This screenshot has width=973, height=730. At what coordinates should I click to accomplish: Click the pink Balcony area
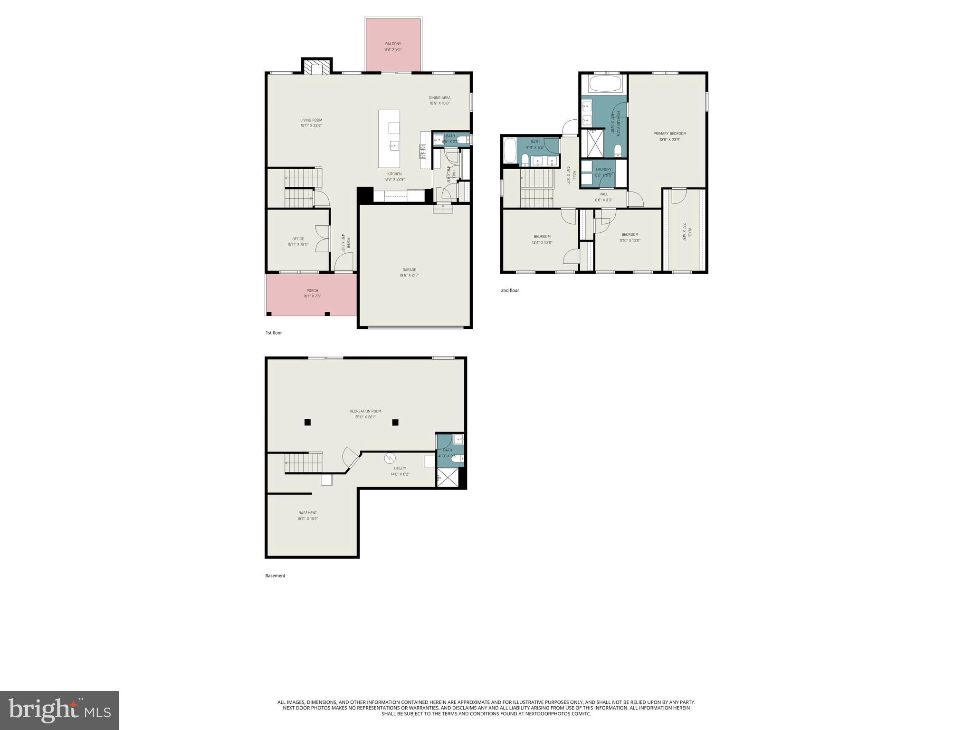click(x=393, y=45)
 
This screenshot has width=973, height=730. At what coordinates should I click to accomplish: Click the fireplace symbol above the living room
click(x=316, y=67)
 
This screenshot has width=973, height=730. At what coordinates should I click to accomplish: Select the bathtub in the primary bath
click(x=605, y=85)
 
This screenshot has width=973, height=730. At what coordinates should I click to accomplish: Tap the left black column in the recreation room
click(x=307, y=422)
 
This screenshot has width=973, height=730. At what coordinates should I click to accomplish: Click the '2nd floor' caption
click(x=510, y=290)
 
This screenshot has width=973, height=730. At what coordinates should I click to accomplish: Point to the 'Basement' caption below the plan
click(x=275, y=576)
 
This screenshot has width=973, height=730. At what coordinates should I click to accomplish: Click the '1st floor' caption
click(x=274, y=333)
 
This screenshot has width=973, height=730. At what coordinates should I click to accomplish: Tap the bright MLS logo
click(x=59, y=710)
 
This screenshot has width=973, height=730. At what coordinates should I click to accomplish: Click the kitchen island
click(x=389, y=139)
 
